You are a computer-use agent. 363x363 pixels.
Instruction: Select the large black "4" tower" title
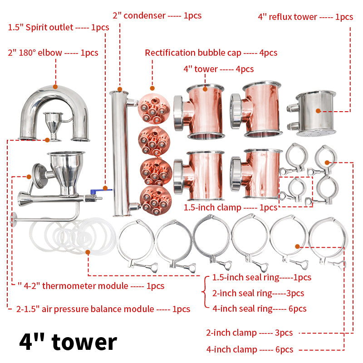coord(68,342)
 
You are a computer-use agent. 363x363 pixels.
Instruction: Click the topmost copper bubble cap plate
coord(154,108)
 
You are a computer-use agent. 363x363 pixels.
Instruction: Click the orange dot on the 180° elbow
coord(55,87)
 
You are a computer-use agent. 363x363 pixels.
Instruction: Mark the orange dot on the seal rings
coord(88,252)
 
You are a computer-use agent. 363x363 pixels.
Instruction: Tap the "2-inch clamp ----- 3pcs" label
coord(249,333)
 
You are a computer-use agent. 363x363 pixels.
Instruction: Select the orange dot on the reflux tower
coord(319,111)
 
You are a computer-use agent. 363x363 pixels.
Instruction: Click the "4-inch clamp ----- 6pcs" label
coord(250,349)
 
